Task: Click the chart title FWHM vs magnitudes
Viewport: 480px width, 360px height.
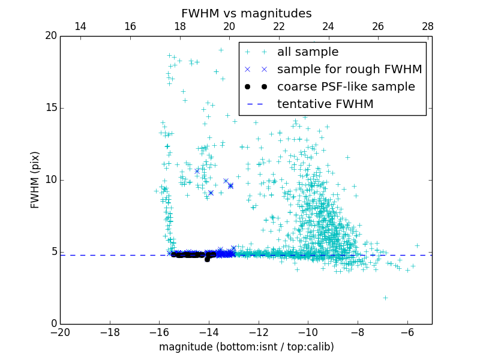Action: (246, 13)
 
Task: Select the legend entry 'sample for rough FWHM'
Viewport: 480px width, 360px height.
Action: (349, 70)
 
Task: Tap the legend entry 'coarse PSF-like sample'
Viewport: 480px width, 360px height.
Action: (346, 87)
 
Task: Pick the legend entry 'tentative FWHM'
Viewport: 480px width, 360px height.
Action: (325, 104)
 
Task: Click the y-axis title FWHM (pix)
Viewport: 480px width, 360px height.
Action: (35, 180)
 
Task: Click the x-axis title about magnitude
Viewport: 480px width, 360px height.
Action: (246, 347)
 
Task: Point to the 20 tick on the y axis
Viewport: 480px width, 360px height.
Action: (50, 36)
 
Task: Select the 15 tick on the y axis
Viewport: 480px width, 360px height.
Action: (50, 108)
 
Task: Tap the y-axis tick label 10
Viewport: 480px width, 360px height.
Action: (50, 180)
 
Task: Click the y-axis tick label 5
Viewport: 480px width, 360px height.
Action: (53, 252)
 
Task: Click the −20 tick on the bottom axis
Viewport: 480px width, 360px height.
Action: (60, 332)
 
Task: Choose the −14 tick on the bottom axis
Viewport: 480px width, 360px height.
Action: (209, 332)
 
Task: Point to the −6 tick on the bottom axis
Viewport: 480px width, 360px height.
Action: (407, 332)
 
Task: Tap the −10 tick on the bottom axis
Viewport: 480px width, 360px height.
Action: (308, 332)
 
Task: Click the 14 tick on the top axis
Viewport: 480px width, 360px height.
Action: (80, 27)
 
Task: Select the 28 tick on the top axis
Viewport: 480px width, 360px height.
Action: (428, 27)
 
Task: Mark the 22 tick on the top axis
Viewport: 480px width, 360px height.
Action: (279, 27)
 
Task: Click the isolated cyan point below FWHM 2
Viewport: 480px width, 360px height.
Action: (385, 298)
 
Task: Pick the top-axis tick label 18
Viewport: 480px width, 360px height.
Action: (179, 27)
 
